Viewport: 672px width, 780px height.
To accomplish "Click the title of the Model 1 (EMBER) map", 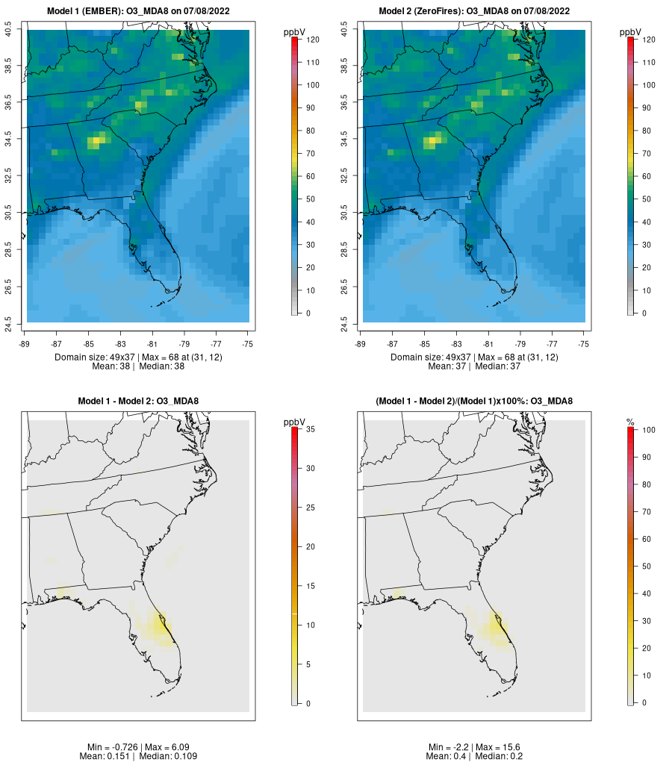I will [138, 11].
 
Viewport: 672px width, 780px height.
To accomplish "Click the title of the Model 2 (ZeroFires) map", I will [474, 11].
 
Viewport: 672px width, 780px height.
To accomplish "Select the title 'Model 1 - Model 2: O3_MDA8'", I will [138, 402].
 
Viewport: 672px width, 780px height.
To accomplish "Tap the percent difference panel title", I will [474, 402].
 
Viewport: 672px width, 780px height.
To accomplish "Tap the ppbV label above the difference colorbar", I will [295, 422].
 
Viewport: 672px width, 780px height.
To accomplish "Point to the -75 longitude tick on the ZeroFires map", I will [584, 344].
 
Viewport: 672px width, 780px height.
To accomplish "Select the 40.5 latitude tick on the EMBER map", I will [9, 30].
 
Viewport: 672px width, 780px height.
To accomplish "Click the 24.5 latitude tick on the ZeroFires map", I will [345, 322].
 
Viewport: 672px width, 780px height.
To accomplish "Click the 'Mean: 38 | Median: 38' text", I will [138, 366].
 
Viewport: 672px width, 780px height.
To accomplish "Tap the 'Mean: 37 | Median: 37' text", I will [474, 366].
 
